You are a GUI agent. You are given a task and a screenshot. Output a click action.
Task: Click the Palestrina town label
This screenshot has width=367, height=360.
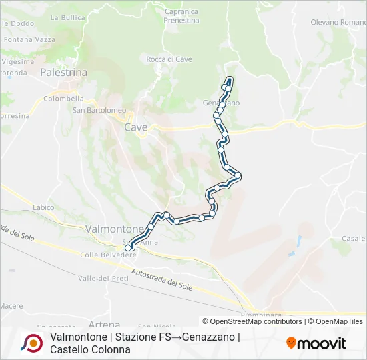(64, 71)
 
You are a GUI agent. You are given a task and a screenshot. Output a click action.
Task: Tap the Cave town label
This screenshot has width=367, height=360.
(136, 127)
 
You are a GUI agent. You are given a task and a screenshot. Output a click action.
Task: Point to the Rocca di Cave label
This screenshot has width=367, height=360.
(169, 59)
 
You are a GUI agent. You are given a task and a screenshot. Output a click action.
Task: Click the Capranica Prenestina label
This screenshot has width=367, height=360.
(181, 16)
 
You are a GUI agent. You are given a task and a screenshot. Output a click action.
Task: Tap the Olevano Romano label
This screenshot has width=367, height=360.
(338, 22)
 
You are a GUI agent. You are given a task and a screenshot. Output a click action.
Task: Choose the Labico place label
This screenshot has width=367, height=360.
(43, 207)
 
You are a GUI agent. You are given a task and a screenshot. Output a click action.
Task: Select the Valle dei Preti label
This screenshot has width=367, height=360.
(103, 278)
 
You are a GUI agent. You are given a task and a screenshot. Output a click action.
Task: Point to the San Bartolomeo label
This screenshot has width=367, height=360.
(99, 110)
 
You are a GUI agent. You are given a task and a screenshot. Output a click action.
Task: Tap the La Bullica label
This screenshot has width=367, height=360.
(67, 17)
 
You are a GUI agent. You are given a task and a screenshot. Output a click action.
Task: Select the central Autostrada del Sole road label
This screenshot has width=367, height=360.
(161, 278)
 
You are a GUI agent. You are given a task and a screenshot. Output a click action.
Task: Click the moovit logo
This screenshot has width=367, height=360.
(316, 343)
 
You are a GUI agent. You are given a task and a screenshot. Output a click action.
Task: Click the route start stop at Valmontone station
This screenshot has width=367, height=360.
(128, 248)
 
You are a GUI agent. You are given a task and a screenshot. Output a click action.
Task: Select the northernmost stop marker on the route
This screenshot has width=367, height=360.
(229, 87)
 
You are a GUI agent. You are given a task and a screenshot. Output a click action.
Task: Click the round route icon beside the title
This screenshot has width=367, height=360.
(31, 343)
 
